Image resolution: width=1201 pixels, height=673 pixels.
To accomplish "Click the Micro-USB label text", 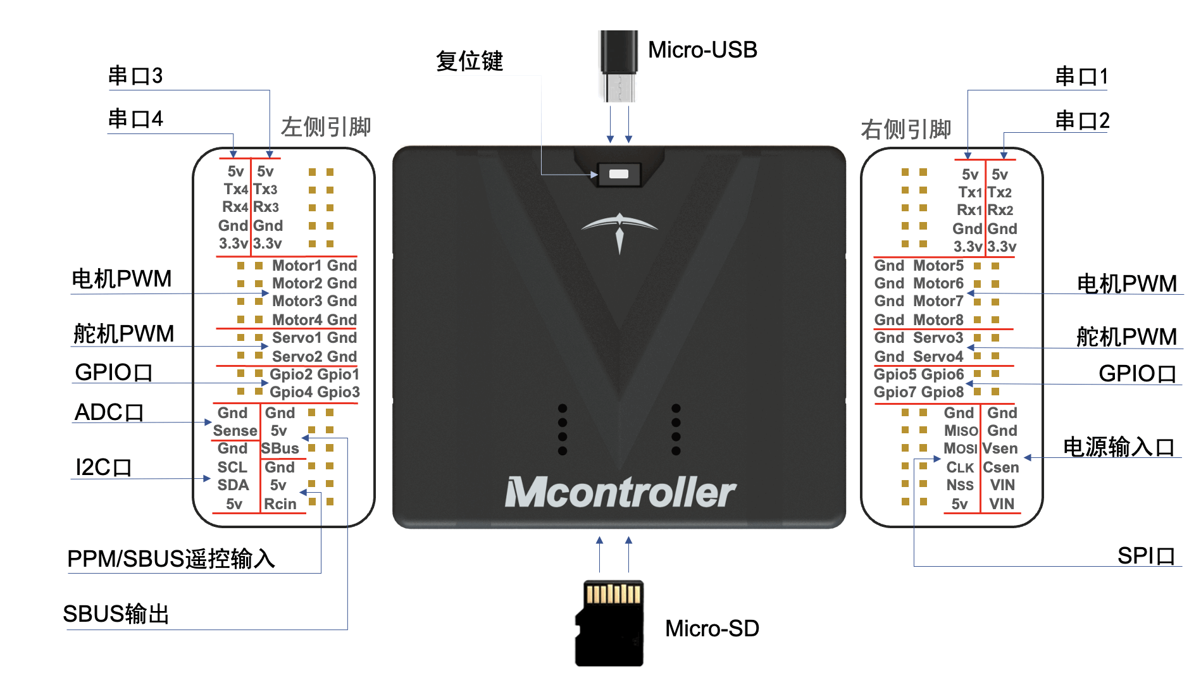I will [x=702, y=50].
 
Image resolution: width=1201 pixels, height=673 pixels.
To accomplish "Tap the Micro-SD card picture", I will [x=610, y=623].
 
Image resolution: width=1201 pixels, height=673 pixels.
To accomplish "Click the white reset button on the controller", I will [x=618, y=174].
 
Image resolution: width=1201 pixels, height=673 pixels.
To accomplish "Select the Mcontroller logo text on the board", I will [x=620, y=492].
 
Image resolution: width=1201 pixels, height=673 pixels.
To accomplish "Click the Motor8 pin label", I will [x=938, y=320].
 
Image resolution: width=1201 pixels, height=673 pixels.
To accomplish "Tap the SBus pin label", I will [x=280, y=448].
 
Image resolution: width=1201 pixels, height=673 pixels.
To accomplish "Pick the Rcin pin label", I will [x=280, y=504].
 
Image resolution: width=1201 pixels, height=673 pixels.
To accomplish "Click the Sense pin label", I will [x=235, y=431].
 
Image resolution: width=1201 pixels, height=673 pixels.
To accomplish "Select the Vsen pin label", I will [x=1000, y=448].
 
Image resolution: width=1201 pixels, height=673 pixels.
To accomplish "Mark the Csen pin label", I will [x=1001, y=467].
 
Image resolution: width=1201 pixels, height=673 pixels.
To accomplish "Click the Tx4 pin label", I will [x=235, y=189].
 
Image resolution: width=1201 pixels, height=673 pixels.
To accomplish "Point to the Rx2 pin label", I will [x=1000, y=210].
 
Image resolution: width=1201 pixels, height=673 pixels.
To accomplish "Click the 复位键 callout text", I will [x=470, y=61].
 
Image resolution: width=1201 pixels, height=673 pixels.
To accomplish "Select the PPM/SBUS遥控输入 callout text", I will [x=171, y=559].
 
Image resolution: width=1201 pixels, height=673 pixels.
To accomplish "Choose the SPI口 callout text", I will [x=1146, y=556].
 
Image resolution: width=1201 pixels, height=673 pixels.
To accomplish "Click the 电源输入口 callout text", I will [x=1119, y=447].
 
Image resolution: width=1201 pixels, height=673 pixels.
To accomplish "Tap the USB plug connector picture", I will [x=618, y=66].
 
